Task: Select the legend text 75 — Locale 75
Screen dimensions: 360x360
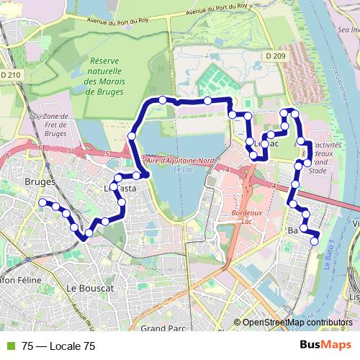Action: click(58, 346)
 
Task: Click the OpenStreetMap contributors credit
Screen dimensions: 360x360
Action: click(297, 323)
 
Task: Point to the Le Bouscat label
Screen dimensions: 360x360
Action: click(90, 287)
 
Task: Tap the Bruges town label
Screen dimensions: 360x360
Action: click(40, 182)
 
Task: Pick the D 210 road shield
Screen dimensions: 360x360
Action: click(11, 74)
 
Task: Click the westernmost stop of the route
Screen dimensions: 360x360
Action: click(42, 202)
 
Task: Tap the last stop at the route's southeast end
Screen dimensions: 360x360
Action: click(315, 241)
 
